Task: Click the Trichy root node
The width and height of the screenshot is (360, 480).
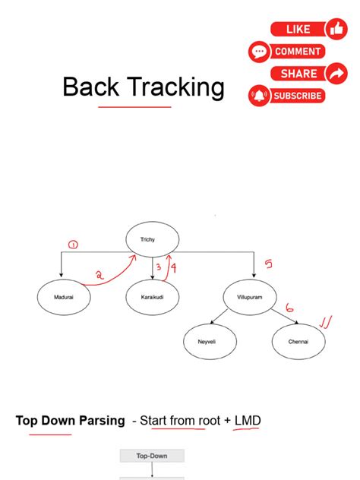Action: [x=152, y=240]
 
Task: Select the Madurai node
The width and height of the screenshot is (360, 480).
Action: [x=63, y=297]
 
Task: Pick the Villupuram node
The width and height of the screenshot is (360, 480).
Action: [x=253, y=297]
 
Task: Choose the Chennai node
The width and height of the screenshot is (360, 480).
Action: [x=298, y=343]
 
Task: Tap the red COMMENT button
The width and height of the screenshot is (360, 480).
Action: [x=296, y=52]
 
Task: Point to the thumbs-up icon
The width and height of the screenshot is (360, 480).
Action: [x=336, y=29]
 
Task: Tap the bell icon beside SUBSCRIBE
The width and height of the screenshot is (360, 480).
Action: [x=259, y=96]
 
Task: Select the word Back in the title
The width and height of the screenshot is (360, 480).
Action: [x=91, y=87]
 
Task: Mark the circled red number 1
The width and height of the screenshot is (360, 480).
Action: [x=73, y=245]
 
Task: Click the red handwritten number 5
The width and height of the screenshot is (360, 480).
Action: [x=267, y=264]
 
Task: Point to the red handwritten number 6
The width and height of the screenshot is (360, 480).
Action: [x=289, y=308]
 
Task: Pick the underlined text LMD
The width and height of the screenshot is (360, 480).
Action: [x=248, y=420]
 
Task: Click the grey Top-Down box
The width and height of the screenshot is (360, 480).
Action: [x=152, y=456]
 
